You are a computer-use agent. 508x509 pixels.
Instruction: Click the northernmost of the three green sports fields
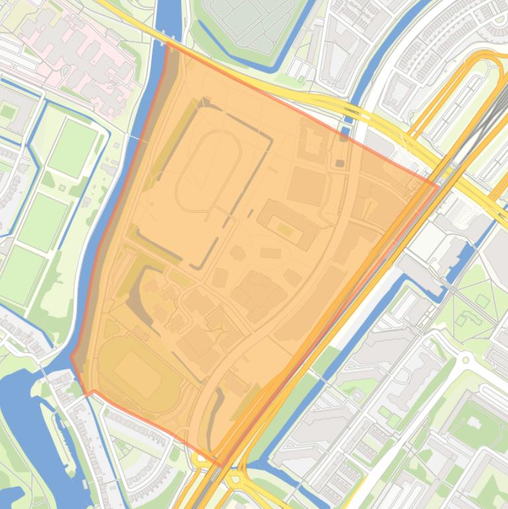[73, 147]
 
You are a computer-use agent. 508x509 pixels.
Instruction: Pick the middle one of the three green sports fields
[43, 221]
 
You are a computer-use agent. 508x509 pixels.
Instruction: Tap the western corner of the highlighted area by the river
[72, 357]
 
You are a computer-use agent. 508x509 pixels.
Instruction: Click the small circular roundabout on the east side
[466, 360]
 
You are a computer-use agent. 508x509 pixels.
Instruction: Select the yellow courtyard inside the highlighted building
[285, 229]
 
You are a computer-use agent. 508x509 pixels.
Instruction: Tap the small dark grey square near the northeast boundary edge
[340, 163]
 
